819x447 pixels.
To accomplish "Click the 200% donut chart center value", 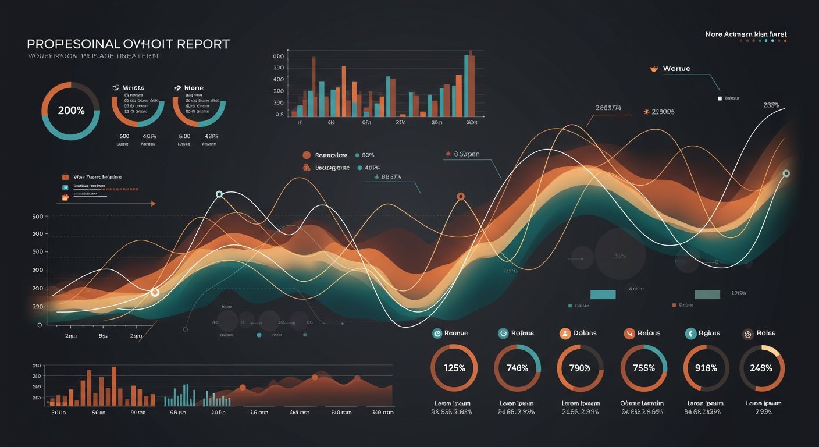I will click(71, 111).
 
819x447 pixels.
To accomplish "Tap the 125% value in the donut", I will click(454, 368).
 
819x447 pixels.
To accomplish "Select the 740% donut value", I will click(517, 368).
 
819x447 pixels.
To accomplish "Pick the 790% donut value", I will click(580, 368).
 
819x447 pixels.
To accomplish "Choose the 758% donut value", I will click(643, 368).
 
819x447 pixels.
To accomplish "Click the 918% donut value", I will click(706, 368).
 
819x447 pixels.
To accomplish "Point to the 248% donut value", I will click(761, 368).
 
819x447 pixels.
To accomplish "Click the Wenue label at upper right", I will click(676, 69).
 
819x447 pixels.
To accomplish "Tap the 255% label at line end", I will click(771, 105).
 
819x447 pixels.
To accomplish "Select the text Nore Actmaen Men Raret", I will click(746, 34).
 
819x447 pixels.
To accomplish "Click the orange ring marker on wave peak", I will click(461, 197).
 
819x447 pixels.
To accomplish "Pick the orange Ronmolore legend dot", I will click(306, 155).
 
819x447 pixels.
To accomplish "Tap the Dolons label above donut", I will click(585, 333).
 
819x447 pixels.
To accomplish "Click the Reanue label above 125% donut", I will click(455, 333).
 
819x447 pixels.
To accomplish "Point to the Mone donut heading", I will click(194, 88).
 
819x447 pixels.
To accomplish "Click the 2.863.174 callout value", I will click(608, 108).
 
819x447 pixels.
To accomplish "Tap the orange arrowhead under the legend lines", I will click(153, 204).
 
